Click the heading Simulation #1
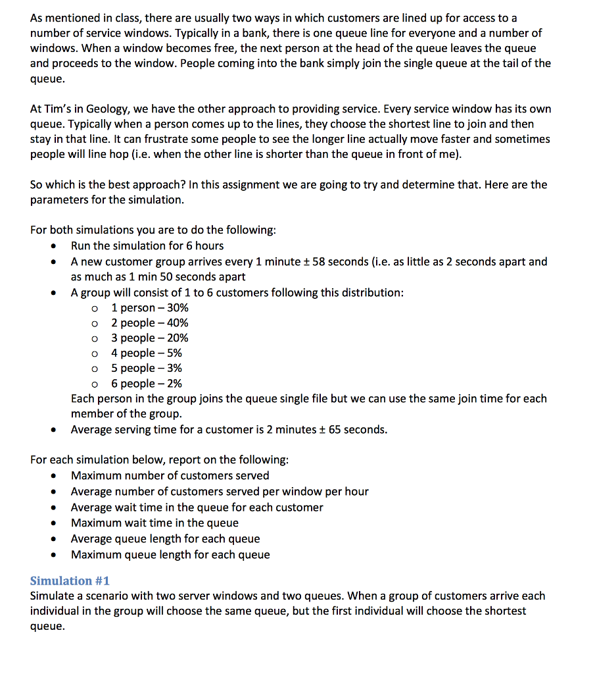(70, 581)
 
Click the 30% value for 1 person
(178, 307)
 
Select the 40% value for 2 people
(178, 323)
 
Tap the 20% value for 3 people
(178, 338)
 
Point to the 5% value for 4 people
(174, 353)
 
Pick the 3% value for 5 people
(174, 368)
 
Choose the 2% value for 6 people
(174, 383)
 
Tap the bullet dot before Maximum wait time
(54, 523)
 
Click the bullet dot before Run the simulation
(54, 246)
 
